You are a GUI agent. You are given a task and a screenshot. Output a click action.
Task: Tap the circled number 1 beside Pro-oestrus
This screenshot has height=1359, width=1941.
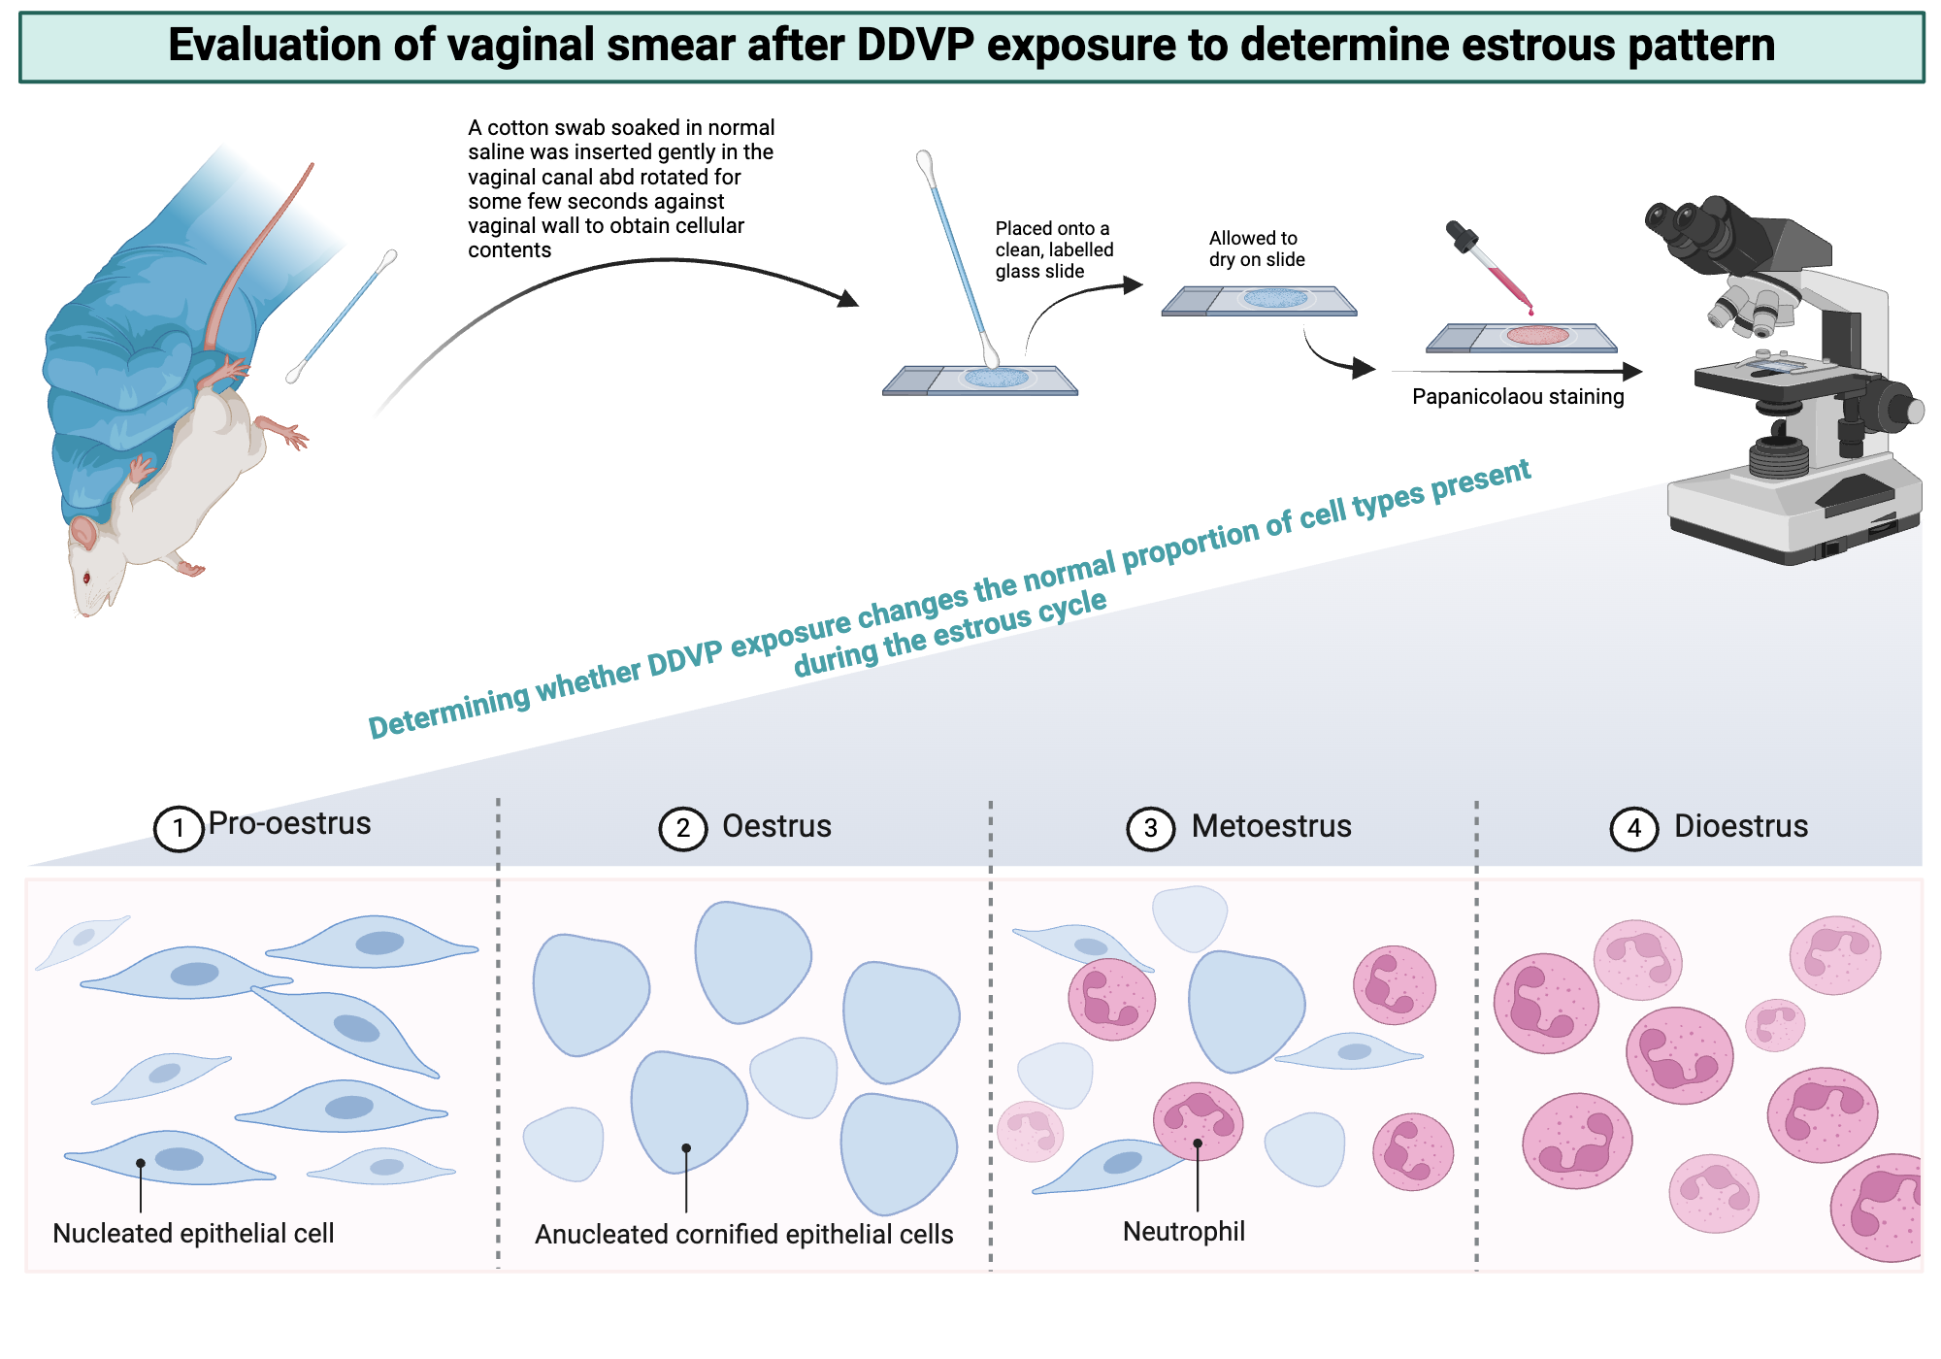pos(179,829)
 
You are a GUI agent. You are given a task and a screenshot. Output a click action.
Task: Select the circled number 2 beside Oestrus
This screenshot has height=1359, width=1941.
pos(683,829)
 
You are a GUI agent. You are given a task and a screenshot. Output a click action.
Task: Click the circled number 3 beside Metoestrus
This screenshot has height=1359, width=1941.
pos(1150,829)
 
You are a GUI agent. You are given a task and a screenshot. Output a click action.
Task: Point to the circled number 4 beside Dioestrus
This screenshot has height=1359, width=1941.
pos(1634,829)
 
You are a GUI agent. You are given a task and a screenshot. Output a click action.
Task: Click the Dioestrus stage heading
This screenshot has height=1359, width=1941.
pos(1741,826)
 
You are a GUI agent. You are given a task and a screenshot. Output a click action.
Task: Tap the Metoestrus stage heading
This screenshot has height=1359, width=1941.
pos(1271,826)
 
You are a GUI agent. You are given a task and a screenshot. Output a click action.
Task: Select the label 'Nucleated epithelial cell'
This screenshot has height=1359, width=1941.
pos(193,1234)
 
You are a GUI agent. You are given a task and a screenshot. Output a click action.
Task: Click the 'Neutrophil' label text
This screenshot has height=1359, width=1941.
pos(1183,1232)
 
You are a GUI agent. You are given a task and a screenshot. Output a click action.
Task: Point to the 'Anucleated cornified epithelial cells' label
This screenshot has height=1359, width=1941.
pos(743,1235)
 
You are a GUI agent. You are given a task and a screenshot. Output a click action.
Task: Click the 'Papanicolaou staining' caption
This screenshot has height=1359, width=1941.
pos(1518,397)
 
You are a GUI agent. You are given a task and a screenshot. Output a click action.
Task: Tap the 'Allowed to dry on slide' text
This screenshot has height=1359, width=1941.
pos(1256,249)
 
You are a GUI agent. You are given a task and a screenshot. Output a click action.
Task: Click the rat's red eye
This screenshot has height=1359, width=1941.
pos(86,579)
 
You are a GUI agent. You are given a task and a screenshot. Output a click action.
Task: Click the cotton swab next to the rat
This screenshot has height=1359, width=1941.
pos(342,315)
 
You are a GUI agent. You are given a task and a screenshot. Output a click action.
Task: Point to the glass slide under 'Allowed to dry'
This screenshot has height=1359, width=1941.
pos(1259,301)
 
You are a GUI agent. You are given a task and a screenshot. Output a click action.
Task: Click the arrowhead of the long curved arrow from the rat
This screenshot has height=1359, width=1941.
pos(848,299)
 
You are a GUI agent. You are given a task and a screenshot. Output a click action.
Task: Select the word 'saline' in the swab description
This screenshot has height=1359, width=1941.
pos(498,152)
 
